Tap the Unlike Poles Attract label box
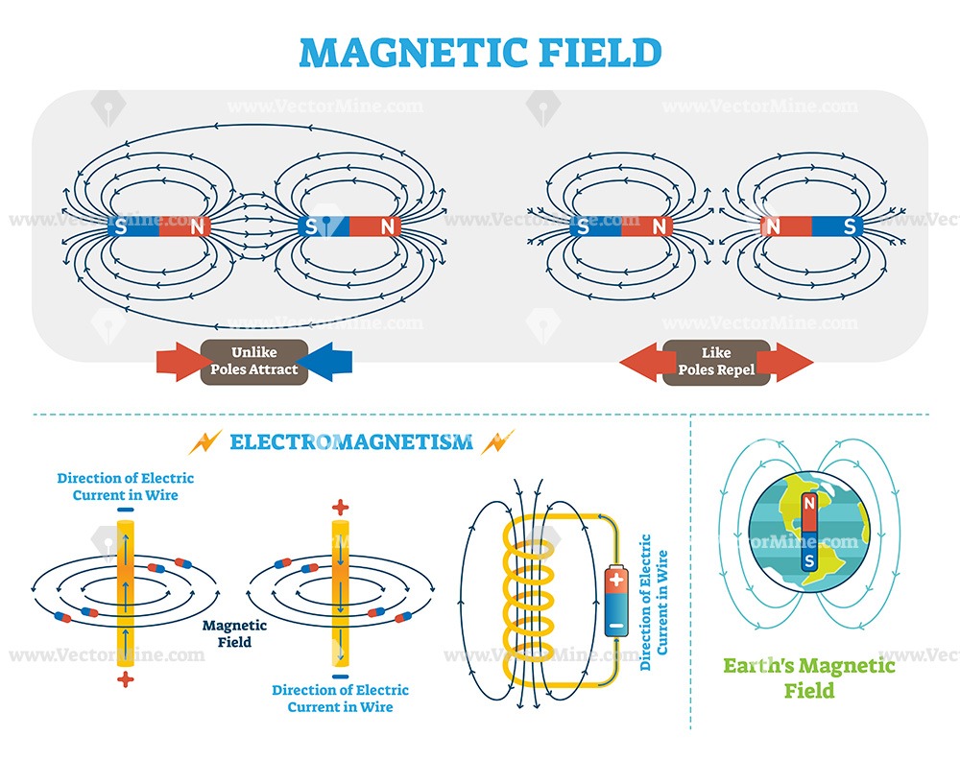[x=253, y=361]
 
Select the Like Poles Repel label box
[x=715, y=362]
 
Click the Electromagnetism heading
[x=351, y=442]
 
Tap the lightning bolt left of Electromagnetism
[x=206, y=442]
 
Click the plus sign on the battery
[x=614, y=580]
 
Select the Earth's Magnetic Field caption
[x=809, y=677]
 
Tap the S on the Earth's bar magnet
[x=809, y=558]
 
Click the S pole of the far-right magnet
[x=848, y=227]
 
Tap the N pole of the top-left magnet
[x=198, y=227]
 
